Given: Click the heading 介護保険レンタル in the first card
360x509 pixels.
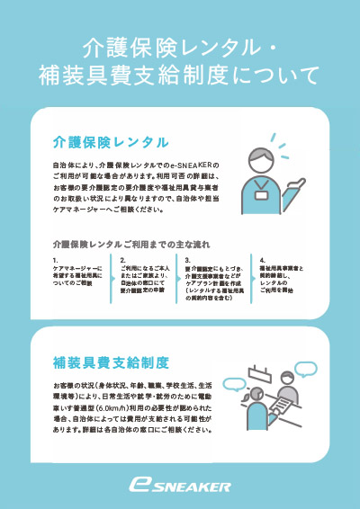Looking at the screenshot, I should tap(111, 142).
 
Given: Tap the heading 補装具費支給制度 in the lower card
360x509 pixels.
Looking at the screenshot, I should tap(111, 363).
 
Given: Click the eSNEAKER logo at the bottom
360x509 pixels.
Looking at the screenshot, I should tap(179, 485).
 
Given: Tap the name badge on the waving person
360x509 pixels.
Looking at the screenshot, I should tap(261, 190).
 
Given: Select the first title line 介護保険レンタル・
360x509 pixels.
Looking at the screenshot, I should tap(179, 46).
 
